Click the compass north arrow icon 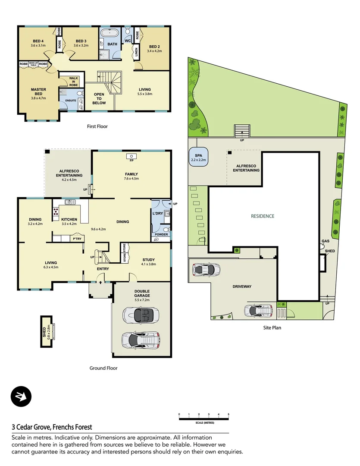pos(21,397)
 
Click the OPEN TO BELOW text pos(99,99)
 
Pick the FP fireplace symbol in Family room pos(129,156)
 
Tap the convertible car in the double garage pos(141,315)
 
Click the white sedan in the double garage pos(141,339)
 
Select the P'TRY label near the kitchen pos(77,239)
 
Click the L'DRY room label pos(157,214)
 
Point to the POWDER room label pos(161,234)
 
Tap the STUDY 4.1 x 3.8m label pos(149,262)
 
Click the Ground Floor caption pos(103,368)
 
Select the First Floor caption pos(97,126)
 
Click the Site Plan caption pos(272,327)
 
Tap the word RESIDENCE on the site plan pos(263,216)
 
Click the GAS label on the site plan pos(326,241)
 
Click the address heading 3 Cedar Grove pos(52,427)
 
